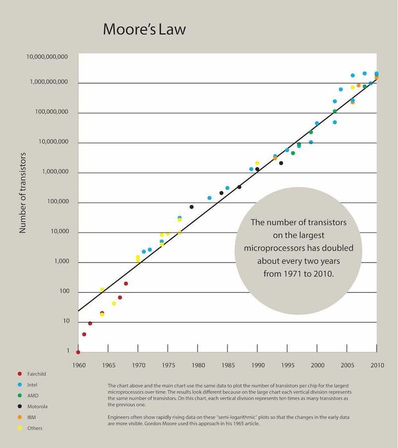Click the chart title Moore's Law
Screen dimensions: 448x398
tap(144, 29)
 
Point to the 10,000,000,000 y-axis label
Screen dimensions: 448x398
tap(47, 57)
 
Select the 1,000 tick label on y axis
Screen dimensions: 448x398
tap(60, 262)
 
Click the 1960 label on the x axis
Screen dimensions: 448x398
tap(79, 365)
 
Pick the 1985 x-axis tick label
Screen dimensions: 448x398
tap(227, 365)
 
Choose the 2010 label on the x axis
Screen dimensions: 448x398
tap(377, 365)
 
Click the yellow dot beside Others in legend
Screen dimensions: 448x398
tap(20, 428)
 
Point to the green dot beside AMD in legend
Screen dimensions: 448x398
tap(20, 395)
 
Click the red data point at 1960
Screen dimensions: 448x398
tap(78, 352)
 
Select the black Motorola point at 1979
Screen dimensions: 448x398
tap(192, 207)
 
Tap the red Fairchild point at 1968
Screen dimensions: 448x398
tap(126, 284)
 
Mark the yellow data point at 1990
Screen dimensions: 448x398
tap(257, 163)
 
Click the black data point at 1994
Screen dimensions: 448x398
tap(281, 163)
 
